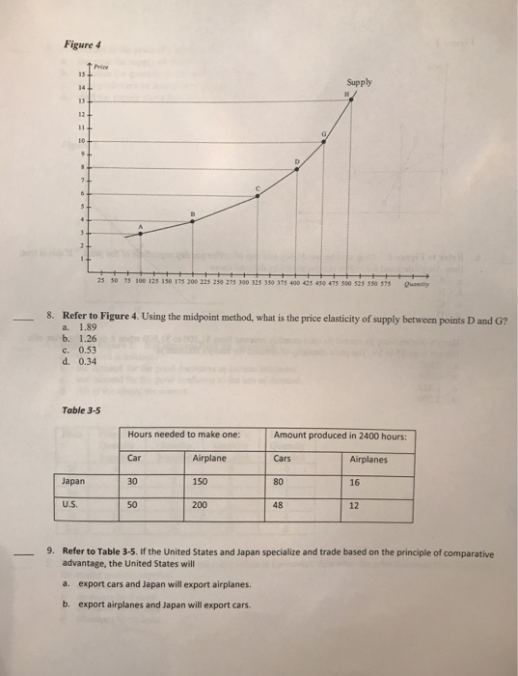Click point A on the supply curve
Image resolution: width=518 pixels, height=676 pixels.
click(142, 233)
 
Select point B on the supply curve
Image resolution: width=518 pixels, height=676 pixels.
click(193, 220)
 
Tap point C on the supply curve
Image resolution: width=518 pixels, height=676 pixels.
click(257, 197)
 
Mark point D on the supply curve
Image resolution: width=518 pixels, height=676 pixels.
click(296, 169)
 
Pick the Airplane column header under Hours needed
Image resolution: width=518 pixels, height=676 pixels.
click(209, 459)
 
